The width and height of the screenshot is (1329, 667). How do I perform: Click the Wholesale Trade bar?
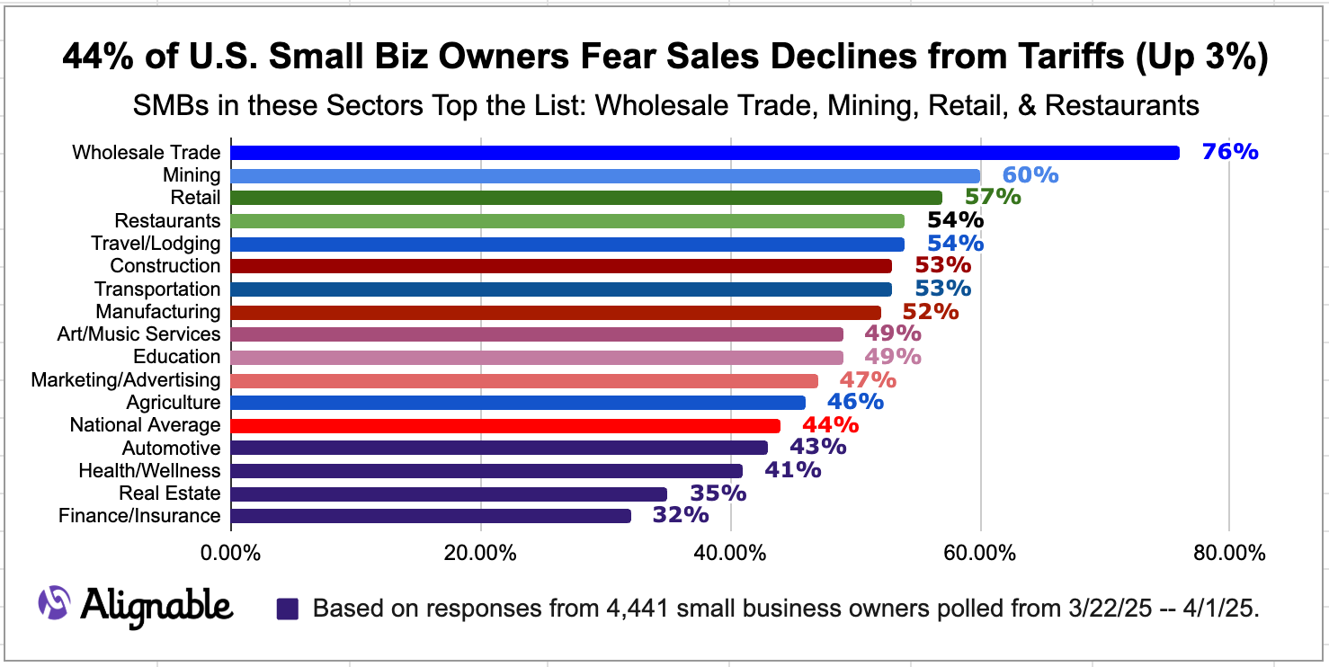pyautogui.click(x=705, y=153)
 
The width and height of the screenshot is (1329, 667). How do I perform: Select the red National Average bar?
pyautogui.click(x=505, y=426)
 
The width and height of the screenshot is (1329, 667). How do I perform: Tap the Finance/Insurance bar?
pyautogui.click(x=431, y=516)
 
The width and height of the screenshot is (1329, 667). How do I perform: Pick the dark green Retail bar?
pyautogui.click(x=586, y=198)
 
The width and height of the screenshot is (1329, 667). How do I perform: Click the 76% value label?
pyautogui.click(x=1229, y=152)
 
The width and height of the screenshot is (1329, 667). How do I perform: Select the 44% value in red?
pyautogui.click(x=830, y=425)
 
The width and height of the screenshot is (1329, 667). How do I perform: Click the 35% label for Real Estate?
pyautogui.click(x=718, y=494)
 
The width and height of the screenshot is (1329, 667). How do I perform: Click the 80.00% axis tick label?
pyautogui.click(x=1229, y=553)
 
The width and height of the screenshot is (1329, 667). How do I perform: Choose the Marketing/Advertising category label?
pyautogui.click(x=126, y=380)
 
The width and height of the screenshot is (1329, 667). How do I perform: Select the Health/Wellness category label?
pyautogui.click(x=149, y=471)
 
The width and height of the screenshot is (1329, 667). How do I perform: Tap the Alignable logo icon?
pyautogui.click(x=55, y=602)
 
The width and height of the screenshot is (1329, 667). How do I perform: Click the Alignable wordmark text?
pyautogui.click(x=156, y=604)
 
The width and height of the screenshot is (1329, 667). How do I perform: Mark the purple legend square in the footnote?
pyautogui.click(x=287, y=609)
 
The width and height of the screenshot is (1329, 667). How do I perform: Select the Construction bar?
pyautogui.click(x=561, y=266)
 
